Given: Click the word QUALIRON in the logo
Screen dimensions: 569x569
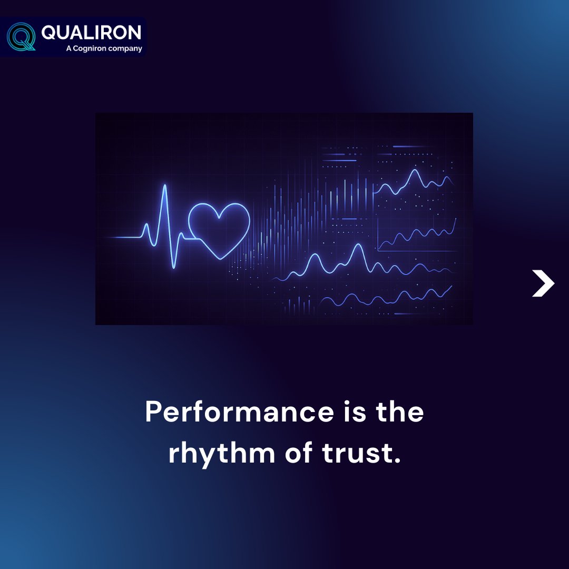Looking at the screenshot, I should coord(91,33).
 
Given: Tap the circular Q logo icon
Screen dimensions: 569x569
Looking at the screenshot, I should coord(21,36).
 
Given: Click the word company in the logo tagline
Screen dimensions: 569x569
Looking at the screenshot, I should coord(126,49).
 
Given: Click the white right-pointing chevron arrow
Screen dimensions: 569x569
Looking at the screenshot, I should coord(543,283).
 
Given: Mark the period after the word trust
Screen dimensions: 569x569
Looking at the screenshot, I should coord(397,462).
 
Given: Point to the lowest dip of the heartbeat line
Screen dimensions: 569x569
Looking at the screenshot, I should coord(174,267).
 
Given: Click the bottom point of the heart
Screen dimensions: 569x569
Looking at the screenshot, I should coord(219,259).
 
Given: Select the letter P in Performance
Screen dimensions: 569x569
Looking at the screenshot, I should coord(153,411).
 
